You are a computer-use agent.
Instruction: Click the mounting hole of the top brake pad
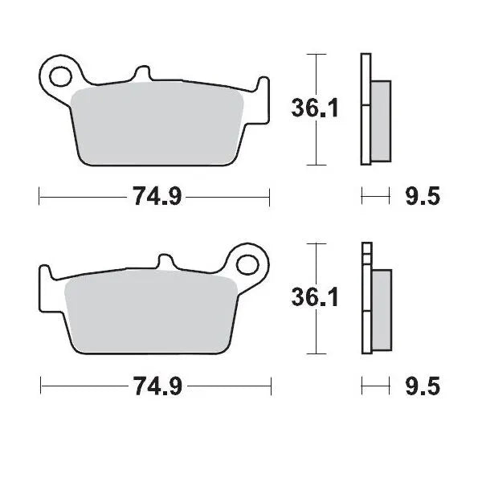click(x=59, y=76)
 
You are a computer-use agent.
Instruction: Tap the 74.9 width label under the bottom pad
click(x=156, y=387)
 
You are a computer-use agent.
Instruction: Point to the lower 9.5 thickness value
click(x=423, y=387)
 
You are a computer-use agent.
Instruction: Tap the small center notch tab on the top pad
click(x=143, y=74)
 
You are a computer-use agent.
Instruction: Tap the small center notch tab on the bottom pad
click(x=165, y=263)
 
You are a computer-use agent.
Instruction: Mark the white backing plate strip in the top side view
click(x=366, y=108)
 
